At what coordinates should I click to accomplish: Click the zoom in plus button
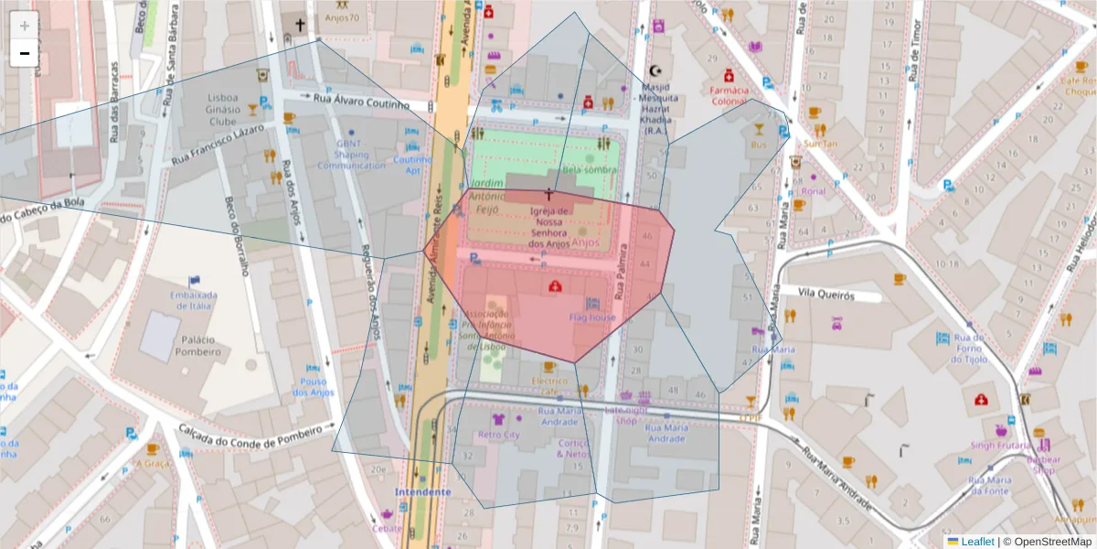pyautogui.click(x=25, y=26)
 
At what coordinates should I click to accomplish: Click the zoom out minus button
pyautogui.click(x=25, y=53)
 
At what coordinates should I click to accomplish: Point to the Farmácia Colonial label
pyautogui.click(x=729, y=96)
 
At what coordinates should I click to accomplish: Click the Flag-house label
pyautogui.click(x=591, y=318)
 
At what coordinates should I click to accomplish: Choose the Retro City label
pyautogui.click(x=498, y=435)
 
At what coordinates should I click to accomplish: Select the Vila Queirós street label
pyautogui.click(x=825, y=296)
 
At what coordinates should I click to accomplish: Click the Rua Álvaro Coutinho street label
pyautogui.click(x=362, y=103)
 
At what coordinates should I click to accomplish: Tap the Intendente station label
pyautogui.click(x=422, y=491)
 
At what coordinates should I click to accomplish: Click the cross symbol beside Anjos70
pyautogui.click(x=299, y=20)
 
